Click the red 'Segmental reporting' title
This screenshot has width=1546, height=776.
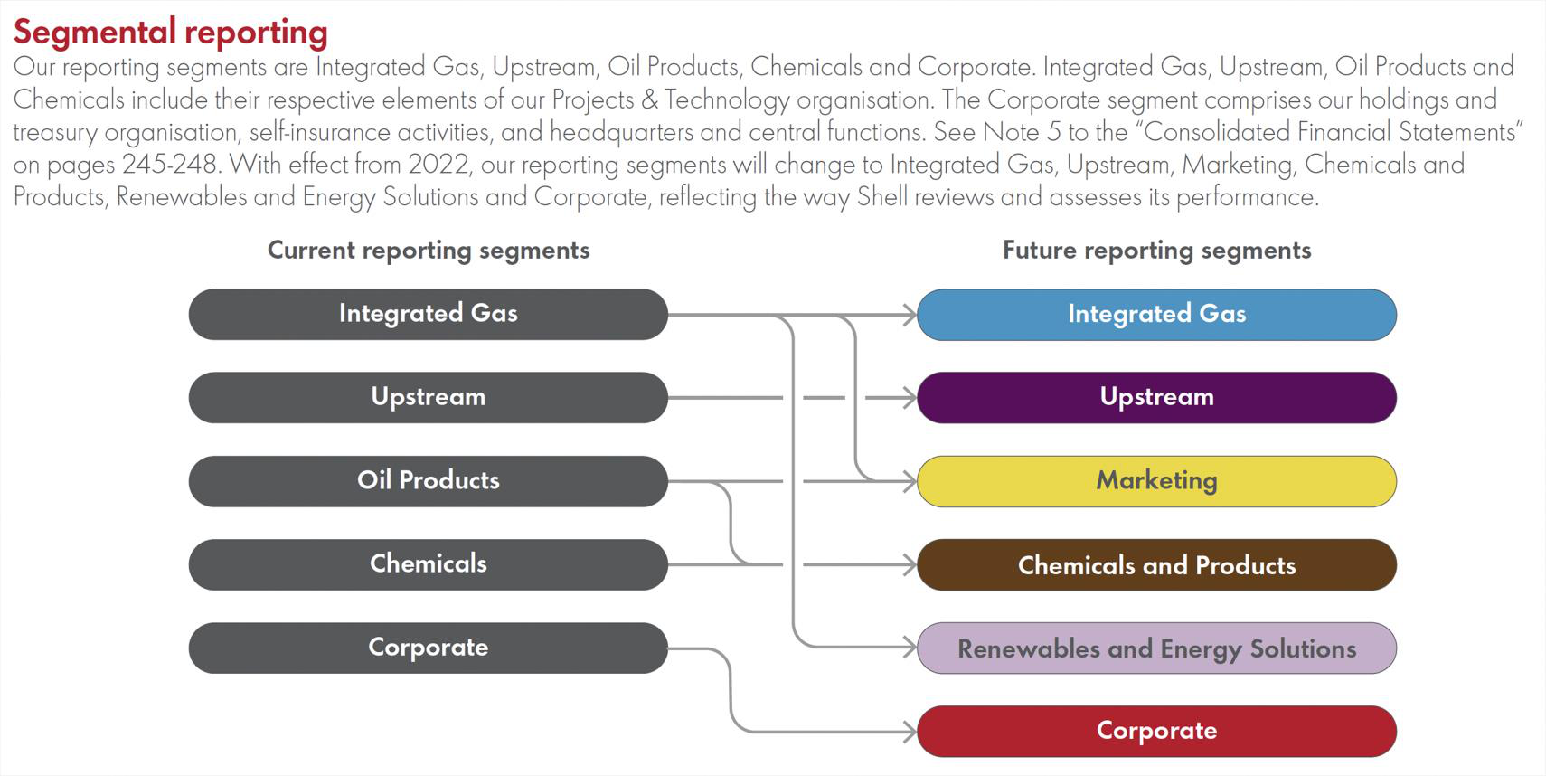coord(170,32)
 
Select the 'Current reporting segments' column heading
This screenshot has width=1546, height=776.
coord(429,251)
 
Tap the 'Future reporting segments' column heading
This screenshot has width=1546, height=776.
coord(1156,251)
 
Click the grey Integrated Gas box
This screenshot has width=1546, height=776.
coord(428,314)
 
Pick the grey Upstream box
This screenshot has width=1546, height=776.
coord(428,397)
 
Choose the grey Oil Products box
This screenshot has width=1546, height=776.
coord(428,480)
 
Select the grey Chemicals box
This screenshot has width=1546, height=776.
coord(428,564)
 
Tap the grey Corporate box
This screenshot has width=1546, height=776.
coord(428,648)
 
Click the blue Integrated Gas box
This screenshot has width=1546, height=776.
coord(1156,315)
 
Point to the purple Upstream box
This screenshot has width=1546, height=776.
coord(1156,397)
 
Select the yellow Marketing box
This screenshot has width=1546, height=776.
coord(1156,481)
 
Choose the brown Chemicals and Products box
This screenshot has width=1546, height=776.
coord(1156,565)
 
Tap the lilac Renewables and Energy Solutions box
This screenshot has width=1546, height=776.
coord(1156,648)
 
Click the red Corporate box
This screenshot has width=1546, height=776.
coord(1156,731)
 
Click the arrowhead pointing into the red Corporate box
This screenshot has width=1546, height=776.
coord(910,731)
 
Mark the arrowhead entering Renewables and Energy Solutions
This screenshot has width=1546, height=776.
coord(910,648)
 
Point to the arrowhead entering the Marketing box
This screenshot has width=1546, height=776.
coord(910,481)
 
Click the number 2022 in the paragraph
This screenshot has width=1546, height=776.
coord(438,165)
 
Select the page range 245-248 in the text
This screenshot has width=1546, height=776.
coord(170,165)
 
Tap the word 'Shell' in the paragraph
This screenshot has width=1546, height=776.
coord(881,197)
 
